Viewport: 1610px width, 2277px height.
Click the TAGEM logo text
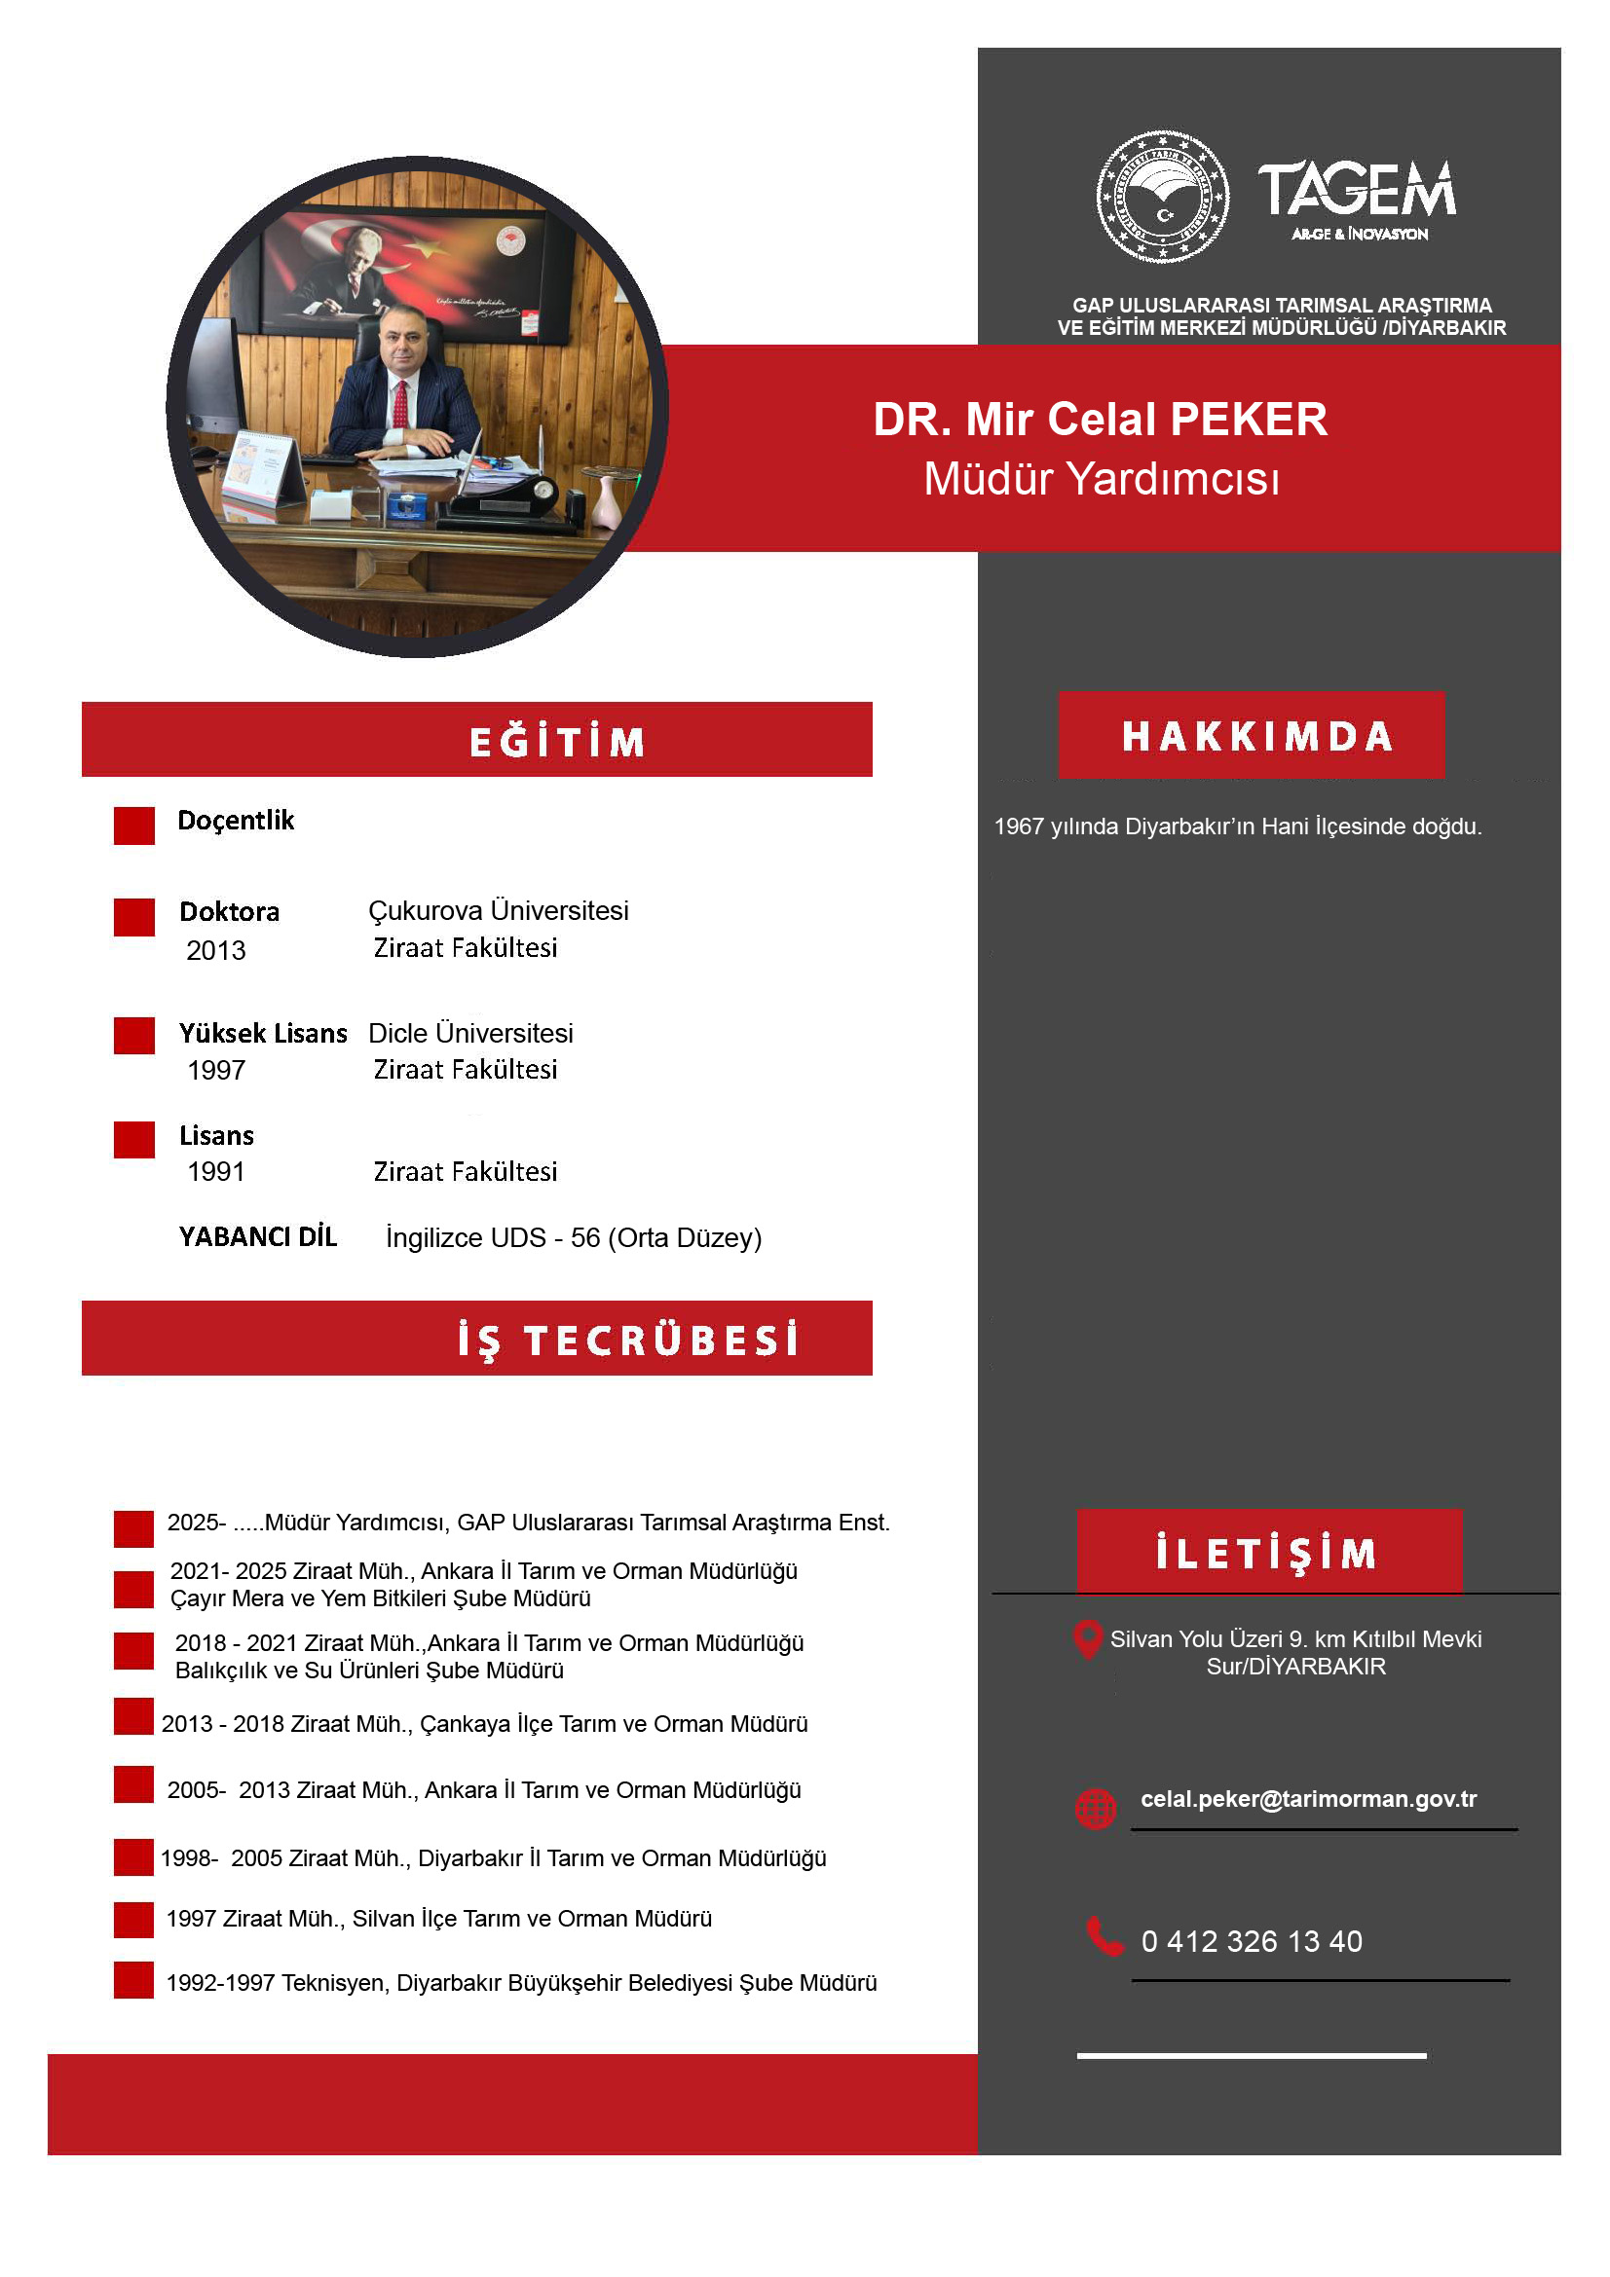point(1356,191)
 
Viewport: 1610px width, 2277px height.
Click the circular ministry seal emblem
point(1162,197)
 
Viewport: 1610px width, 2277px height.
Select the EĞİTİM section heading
point(556,742)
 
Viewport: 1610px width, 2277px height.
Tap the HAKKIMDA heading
point(1256,737)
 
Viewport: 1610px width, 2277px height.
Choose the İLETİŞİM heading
point(1267,1553)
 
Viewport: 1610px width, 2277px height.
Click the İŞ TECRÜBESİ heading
point(627,1340)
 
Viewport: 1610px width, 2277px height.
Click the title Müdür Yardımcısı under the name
point(1102,480)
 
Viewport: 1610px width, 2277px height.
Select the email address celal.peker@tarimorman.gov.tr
point(1307,1799)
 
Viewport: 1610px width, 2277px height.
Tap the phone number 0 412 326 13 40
point(1251,1941)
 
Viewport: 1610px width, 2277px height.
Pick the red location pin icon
point(1088,1639)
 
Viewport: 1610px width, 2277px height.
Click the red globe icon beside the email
point(1095,1807)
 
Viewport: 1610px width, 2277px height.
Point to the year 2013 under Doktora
point(216,951)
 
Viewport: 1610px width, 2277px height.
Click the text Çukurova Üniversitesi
point(498,911)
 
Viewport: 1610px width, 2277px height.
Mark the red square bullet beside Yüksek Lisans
point(133,1036)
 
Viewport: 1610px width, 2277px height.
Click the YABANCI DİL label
point(258,1236)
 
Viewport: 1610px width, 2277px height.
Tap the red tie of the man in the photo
point(399,405)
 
